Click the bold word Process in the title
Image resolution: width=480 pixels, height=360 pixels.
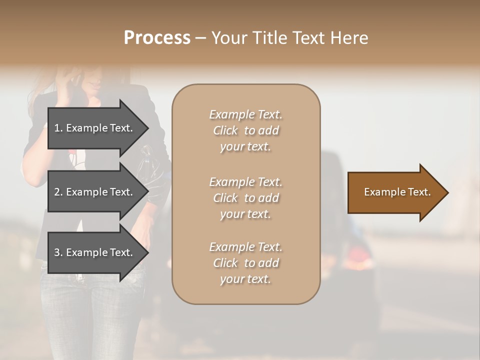pos(157,37)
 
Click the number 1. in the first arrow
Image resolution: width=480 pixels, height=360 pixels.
pos(58,128)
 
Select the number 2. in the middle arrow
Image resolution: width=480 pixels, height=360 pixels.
pos(58,192)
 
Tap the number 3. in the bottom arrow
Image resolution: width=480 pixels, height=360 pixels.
pos(58,252)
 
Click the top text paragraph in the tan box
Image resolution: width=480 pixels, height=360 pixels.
pos(245,130)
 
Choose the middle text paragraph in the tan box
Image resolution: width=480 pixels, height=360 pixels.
pos(245,198)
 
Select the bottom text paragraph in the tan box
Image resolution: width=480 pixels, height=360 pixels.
pos(245,263)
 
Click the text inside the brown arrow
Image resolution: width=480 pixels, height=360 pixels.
pos(397,192)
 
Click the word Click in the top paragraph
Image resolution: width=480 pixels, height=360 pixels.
pos(225,130)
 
